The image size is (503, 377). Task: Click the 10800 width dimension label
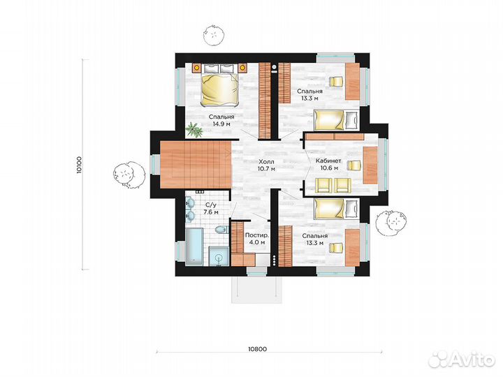[x=257, y=349]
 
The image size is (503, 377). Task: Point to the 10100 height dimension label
[x=80, y=165]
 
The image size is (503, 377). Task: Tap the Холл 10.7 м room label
[x=267, y=165]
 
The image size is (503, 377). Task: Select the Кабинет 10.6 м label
[x=328, y=164]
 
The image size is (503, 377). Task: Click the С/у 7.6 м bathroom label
[x=211, y=208]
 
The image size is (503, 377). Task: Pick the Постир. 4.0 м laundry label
[x=257, y=239]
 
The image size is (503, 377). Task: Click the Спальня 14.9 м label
[x=221, y=120]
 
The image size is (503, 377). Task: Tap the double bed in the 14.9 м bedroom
[x=220, y=89]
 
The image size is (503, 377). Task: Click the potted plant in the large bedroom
[x=194, y=130]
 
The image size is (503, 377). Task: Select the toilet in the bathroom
[x=221, y=230]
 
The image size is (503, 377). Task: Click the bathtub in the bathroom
[x=194, y=246]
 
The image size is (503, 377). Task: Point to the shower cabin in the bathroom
[x=219, y=256]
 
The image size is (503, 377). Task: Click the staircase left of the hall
[x=196, y=164]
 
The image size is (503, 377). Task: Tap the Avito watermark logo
[x=462, y=360]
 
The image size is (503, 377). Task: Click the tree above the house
[x=213, y=36]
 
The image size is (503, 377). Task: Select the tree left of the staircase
[x=127, y=175]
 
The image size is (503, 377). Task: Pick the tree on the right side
[x=391, y=221]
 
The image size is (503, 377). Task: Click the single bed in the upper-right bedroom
[x=336, y=120]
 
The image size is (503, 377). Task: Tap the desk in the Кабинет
[x=370, y=165]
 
